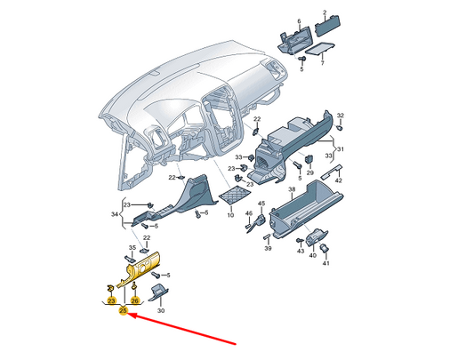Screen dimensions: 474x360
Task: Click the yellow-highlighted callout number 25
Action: click(123, 310)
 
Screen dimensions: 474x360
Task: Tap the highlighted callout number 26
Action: click(135, 300)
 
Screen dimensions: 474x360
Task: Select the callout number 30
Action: click(161, 310)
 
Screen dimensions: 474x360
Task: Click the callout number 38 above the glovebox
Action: click(292, 189)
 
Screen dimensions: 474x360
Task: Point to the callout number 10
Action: click(230, 215)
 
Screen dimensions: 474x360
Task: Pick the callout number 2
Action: click(325, 12)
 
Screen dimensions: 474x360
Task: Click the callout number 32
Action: click(341, 116)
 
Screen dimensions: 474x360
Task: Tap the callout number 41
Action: click(325, 263)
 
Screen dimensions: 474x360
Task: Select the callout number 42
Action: click(339, 180)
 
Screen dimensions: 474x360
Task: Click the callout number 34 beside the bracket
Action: click(115, 214)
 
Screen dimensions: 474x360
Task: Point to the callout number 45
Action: click(261, 204)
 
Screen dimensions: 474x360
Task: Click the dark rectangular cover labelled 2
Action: click(328, 26)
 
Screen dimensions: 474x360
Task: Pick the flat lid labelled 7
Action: click(320, 48)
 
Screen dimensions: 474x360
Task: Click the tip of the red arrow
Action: click(129, 315)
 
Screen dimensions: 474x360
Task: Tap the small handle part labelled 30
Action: click(159, 292)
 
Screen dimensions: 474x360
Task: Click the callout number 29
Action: click(309, 173)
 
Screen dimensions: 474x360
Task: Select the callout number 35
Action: click(133, 248)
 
